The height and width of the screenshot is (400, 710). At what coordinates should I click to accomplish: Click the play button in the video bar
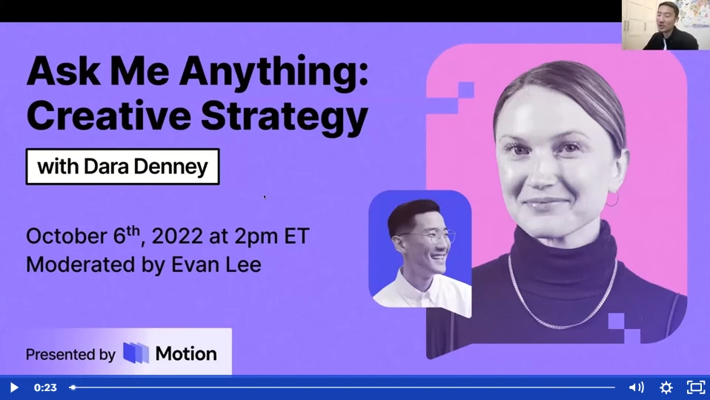click(13, 387)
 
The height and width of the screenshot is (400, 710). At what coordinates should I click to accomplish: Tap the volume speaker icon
click(636, 387)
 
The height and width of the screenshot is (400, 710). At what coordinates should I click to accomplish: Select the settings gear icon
click(666, 387)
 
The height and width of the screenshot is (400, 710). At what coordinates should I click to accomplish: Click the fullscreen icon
click(695, 387)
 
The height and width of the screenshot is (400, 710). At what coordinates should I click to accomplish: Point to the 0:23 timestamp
click(45, 387)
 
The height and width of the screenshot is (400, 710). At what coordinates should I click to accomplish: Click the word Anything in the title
click(274, 74)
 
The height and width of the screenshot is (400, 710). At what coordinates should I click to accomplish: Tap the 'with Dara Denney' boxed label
click(122, 167)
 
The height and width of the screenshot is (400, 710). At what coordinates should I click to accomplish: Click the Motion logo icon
click(136, 353)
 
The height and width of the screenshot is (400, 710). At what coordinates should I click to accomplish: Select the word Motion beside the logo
click(186, 353)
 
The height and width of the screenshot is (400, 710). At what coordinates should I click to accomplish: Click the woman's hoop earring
click(611, 199)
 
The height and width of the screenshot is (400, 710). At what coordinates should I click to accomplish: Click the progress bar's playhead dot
click(73, 387)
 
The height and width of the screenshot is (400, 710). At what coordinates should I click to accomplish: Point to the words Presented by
click(70, 354)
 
